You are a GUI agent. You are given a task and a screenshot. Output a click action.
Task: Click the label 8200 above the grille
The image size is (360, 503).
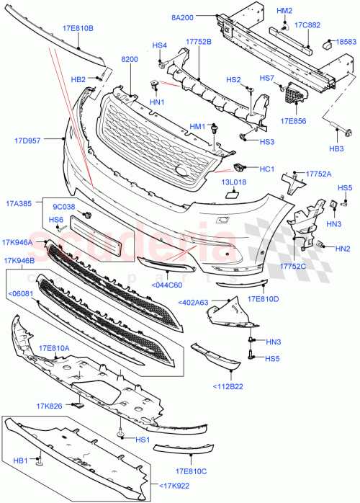[130, 61]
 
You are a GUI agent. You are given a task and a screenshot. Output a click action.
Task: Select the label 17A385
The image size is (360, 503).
[17, 204]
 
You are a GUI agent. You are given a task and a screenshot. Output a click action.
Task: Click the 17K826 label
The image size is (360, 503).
[59, 406]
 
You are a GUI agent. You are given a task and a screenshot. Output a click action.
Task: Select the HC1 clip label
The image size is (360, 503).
[266, 169]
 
